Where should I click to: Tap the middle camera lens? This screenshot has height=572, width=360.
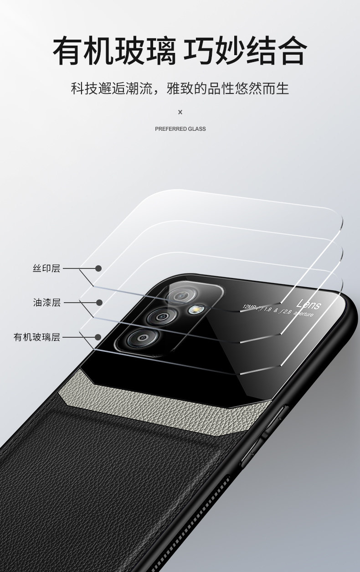tap(160, 314)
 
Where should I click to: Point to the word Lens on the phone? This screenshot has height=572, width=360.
tap(309, 304)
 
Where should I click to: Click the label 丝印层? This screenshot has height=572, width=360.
tap(46, 268)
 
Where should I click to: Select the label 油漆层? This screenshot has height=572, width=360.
tap(46, 303)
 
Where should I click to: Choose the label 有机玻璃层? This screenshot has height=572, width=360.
tap(37, 337)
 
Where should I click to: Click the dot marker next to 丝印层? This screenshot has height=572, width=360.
tap(98, 268)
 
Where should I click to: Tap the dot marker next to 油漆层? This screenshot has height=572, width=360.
tap(98, 303)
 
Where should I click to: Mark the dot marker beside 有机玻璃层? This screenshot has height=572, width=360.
tap(98, 337)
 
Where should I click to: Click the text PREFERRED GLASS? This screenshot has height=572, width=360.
tap(180, 129)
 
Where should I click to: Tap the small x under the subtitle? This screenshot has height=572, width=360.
tap(180, 112)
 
